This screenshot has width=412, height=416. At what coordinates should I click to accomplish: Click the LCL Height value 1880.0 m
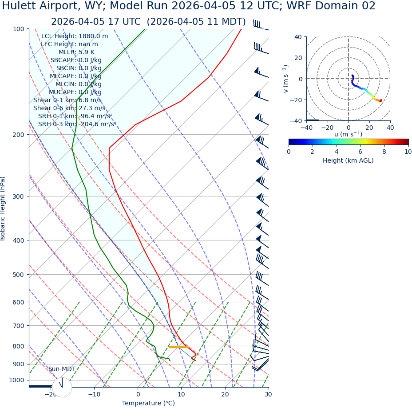coord(93,36)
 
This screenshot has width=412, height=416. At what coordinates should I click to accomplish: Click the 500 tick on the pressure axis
coord(18,275)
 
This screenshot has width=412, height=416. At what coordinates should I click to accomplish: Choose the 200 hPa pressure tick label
coord(18,135)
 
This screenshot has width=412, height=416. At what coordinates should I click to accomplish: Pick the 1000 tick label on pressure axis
coord(16,380)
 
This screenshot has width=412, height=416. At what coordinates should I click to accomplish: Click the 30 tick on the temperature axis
coord(268,394)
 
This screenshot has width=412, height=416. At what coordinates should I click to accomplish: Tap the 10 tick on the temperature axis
coord(181,394)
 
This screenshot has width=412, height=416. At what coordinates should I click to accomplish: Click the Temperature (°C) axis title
coord(148,403)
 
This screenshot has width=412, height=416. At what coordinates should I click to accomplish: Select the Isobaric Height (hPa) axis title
coord(3,208)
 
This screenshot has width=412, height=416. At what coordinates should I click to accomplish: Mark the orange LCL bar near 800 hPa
coord(178,347)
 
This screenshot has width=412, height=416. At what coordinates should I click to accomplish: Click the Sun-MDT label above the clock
coord(62,369)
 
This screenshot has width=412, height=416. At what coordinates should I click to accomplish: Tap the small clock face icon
coord(62,387)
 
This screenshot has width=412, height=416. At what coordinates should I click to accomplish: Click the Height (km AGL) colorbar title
coord(348,160)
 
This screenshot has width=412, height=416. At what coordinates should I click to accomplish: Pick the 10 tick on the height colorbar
coord(408,152)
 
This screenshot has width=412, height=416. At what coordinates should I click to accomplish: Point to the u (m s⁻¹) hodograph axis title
coord(348,134)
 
